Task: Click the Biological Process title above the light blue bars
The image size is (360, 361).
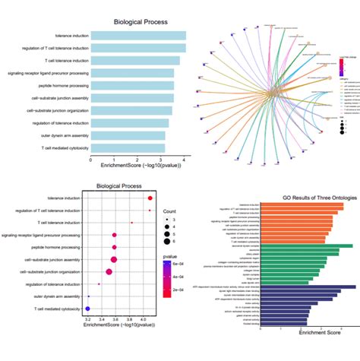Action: tap(141, 22)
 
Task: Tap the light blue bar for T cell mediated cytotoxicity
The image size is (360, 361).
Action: tap(128, 147)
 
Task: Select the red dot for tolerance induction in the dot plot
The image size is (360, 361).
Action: tap(150, 198)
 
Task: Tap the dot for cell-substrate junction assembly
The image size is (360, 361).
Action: tap(114, 259)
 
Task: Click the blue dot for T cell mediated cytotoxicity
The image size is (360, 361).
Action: tap(88, 309)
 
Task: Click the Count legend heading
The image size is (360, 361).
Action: tap(169, 210)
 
